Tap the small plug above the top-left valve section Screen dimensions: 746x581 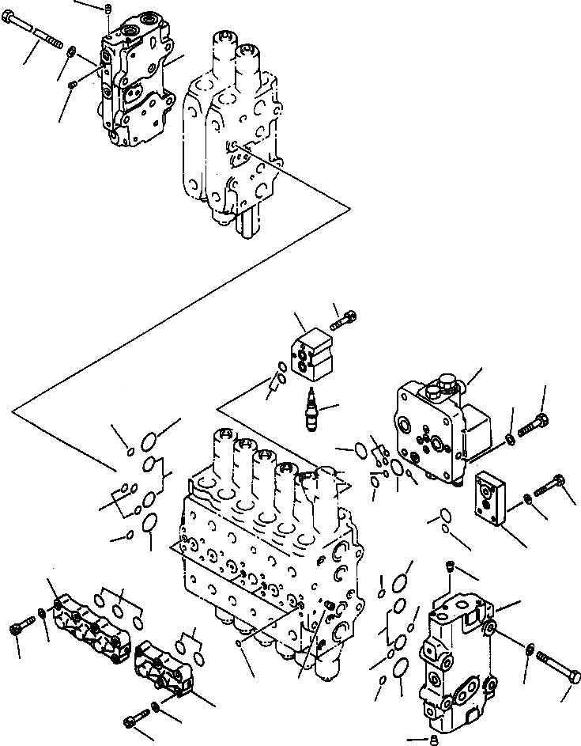(108, 9)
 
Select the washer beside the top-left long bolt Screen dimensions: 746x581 (72, 53)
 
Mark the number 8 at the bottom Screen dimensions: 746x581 (433, 740)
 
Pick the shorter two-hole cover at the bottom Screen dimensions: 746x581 (161, 668)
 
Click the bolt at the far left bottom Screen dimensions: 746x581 (17, 631)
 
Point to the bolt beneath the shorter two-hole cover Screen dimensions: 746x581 (134, 721)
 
